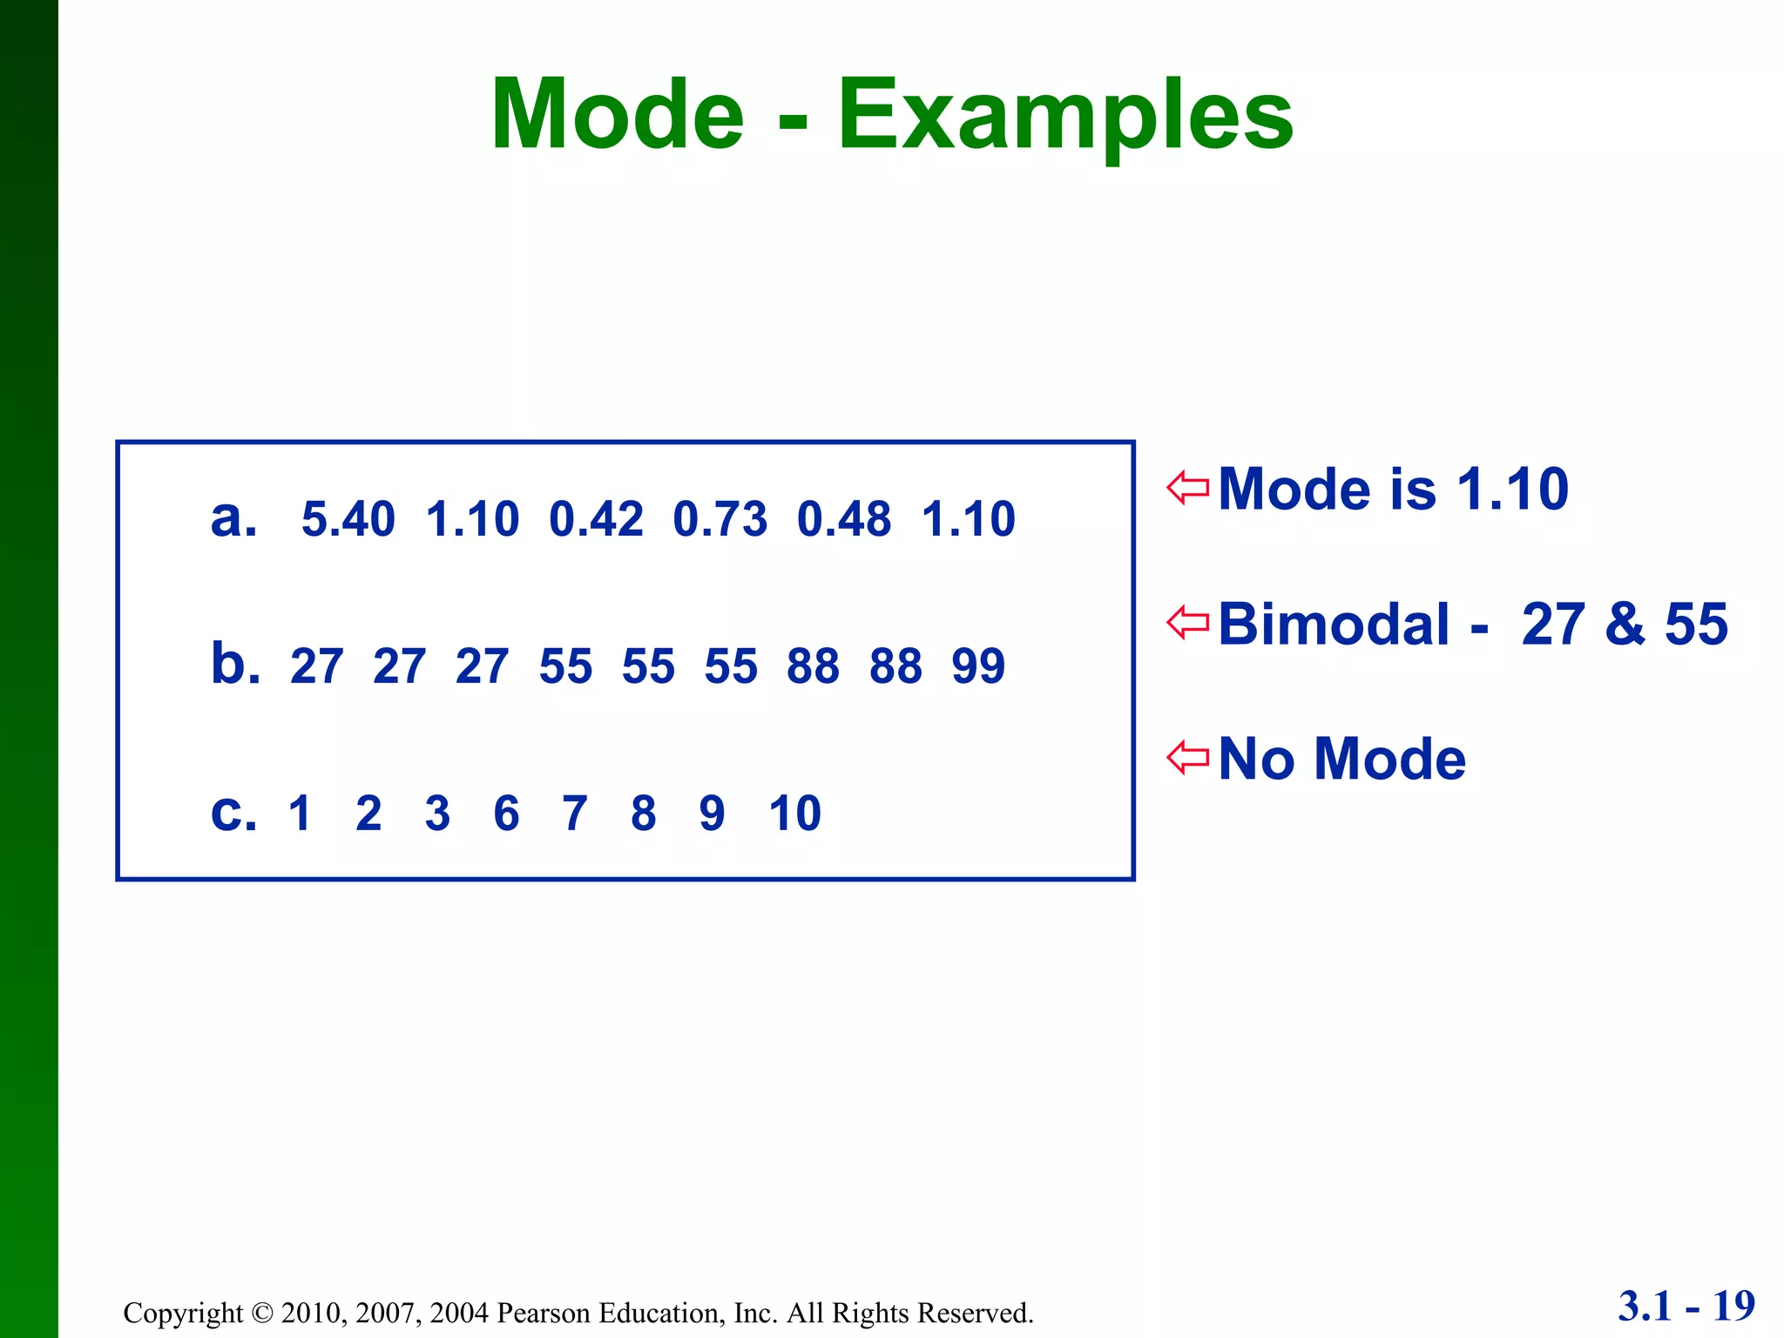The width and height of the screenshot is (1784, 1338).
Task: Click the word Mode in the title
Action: (x=617, y=115)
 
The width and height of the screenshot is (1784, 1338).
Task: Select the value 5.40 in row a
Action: (x=348, y=519)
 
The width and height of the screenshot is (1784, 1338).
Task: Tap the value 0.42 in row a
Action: (x=596, y=519)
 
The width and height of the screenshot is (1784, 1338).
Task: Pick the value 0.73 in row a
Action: (x=720, y=519)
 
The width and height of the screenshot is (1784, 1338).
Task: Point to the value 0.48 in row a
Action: (x=843, y=519)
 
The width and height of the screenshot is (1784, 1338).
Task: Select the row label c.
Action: (x=233, y=813)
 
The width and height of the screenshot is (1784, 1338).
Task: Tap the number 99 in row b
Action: (x=977, y=666)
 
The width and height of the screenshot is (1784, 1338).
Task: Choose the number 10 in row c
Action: (x=794, y=814)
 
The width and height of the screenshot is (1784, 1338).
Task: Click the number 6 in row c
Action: (x=506, y=814)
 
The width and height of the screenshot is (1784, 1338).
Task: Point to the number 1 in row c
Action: (x=300, y=814)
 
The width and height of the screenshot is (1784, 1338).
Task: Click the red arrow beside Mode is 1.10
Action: (x=1188, y=487)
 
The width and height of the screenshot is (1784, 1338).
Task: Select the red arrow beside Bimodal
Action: (x=1188, y=622)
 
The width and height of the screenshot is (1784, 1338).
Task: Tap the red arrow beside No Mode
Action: (x=1188, y=757)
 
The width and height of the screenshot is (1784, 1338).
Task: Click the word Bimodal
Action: (x=1333, y=624)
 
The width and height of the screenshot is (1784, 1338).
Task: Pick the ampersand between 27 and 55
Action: (x=1625, y=624)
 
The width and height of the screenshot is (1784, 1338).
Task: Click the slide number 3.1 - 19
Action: (x=1686, y=1306)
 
